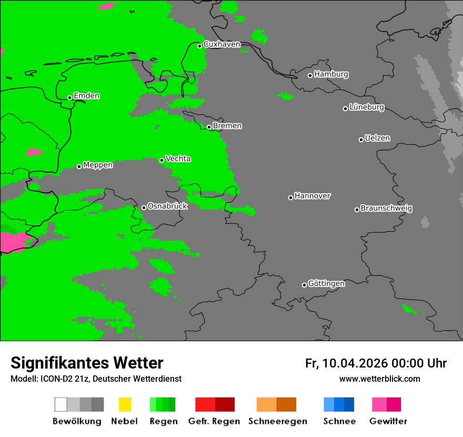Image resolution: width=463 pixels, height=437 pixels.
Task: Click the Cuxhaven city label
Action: tap(222, 44)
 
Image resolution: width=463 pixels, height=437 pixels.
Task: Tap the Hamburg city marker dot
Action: tap(310, 75)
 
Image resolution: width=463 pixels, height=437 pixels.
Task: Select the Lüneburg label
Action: tap(367, 107)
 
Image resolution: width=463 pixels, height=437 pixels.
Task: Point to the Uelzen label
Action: tap(377, 138)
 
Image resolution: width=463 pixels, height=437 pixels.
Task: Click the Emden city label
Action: tap(86, 96)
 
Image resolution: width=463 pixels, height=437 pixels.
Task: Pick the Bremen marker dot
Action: tap(209, 127)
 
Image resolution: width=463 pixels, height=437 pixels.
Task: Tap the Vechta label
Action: tap(178, 158)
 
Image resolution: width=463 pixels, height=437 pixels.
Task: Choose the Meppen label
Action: tap(98, 165)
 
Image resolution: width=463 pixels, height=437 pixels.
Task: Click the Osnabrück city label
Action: tap(167, 206)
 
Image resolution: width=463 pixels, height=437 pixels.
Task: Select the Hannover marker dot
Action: tap(290, 197)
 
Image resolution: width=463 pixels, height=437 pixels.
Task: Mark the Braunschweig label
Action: tap(386, 208)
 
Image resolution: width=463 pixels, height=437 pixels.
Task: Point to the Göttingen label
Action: tap(326, 284)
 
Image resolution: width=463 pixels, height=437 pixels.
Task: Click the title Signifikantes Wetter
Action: tap(87, 363)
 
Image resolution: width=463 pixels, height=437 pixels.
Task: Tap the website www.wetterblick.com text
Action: tap(379, 379)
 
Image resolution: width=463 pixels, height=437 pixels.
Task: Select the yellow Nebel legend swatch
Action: tap(125, 404)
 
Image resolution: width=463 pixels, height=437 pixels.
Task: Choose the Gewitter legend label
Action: tap(388, 421)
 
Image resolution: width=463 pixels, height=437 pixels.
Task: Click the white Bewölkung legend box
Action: tap(61, 404)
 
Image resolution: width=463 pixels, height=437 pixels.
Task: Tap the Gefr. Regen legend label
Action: tap(214, 421)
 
